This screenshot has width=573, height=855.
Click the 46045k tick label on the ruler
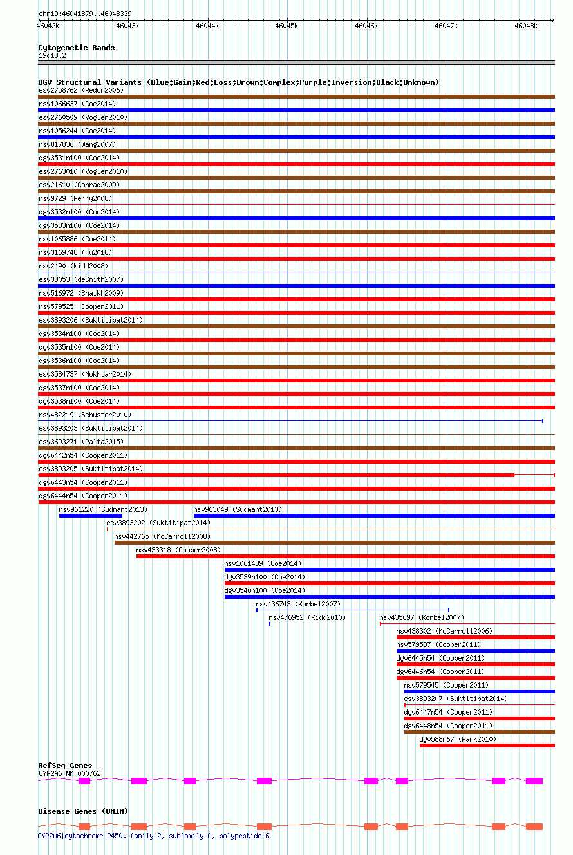coord(286,26)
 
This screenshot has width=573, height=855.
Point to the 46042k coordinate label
coord(48,26)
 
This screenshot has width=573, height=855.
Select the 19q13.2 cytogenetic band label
coord(52,55)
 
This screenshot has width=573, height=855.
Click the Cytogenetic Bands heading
coord(76,48)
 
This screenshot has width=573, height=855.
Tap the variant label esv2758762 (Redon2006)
coord(80,90)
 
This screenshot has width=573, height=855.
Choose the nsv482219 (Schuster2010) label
coord(84,415)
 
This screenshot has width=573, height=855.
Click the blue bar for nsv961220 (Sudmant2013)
coord(90,516)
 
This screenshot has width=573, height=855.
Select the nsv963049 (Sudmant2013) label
coord(238,509)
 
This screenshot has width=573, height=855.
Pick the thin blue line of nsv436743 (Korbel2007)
coord(352,610)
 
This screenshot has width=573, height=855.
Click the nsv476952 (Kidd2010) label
coord(307,617)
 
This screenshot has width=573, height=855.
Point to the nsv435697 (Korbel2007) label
coord(422,617)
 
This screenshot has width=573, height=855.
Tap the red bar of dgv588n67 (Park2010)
coord(487,746)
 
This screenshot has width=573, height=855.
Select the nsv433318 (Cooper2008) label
coord(178,550)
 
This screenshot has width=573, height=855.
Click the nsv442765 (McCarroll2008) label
coord(162,536)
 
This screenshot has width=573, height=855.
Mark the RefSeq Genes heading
coord(65,766)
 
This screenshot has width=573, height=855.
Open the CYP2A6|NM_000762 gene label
coord(70,773)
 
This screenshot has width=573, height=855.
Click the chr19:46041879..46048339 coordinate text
coord(85,13)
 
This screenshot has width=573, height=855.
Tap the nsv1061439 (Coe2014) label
coord(263,563)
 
